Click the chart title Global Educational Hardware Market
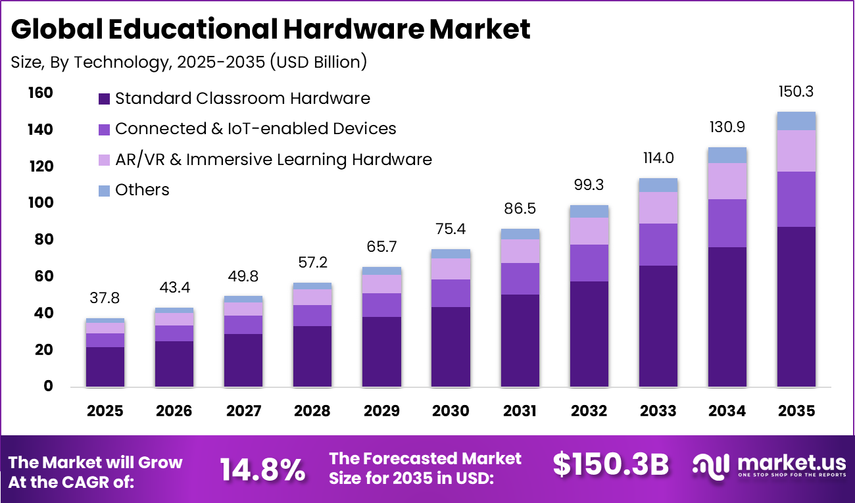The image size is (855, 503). click(270, 30)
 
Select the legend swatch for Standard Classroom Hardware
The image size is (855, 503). click(104, 99)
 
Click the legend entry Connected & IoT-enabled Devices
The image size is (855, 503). click(255, 129)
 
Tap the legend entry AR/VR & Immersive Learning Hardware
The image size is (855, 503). click(273, 159)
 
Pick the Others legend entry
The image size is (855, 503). click(141, 190)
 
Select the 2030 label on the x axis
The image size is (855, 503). click(451, 411)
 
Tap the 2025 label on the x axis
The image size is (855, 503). click(105, 411)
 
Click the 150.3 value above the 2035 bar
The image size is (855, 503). click(796, 91)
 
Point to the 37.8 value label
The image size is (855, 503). click(105, 299)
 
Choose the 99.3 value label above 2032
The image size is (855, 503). click(589, 185)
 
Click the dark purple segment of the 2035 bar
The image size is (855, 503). click(796, 306)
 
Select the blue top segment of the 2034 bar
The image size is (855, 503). click(727, 155)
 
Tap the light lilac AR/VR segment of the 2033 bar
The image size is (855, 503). click(658, 208)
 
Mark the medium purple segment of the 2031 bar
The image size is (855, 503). click(520, 279)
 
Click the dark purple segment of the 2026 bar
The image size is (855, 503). click(174, 364)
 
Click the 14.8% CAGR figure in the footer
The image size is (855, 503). click(262, 469)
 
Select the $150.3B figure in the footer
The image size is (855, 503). click(610, 465)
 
